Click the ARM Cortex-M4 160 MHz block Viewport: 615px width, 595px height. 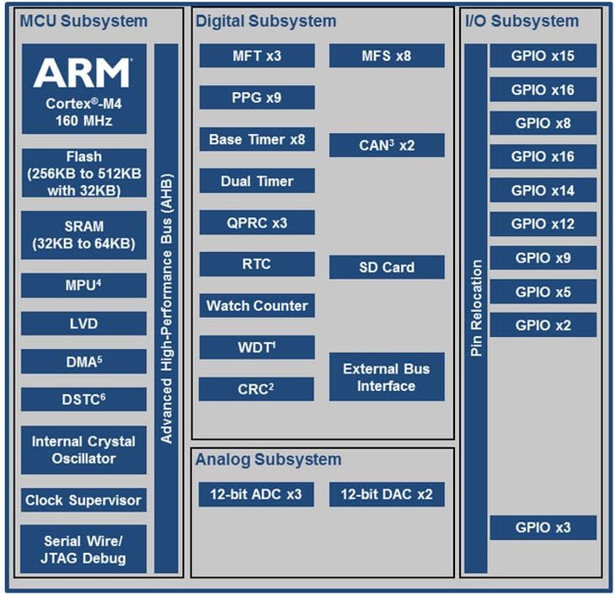[x=83, y=88]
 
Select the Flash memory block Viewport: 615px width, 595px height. [x=83, y=174]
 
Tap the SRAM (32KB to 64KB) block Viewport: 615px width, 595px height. [x=83, y=235]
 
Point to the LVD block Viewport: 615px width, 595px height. [x=83, y=324]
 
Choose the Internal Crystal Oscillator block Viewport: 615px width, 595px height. [x=83, y=450]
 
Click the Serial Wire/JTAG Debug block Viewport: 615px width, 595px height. [x=83, y=549]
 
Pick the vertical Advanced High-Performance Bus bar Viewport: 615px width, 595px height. [x=167, y=308]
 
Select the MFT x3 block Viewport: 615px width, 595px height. [x=257, y=56]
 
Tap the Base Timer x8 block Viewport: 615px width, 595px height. [x=257, y=139]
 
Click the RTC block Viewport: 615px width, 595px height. [x=257, y=264]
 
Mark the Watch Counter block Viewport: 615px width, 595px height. [x=257, y=306]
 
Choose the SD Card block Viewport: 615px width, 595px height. [x=387, y=267]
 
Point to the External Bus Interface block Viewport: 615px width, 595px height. [x=387, y=377]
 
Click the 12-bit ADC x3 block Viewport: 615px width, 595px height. [x=250, y=494]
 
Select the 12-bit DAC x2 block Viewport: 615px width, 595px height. [x=387, y=494]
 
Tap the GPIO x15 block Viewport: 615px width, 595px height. [x=543, y=56]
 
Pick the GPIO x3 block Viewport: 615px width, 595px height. [x=543, y=528]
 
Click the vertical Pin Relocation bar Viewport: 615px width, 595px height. [x=476, y=308]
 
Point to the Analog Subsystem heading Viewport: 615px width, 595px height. [x=268, y=459]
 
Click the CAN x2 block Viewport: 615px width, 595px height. [x=387, y=145]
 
